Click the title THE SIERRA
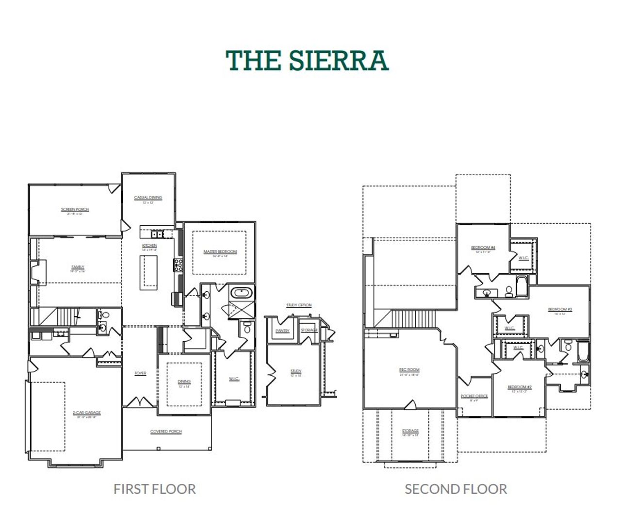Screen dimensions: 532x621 [x=307, y=60]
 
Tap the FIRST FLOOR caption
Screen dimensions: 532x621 [x=154, y=489]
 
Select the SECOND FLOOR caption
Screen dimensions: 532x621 [x=456, y=489]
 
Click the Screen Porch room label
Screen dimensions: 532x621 [x=75, y=209]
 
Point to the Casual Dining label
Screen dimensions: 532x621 [x=148, y=198]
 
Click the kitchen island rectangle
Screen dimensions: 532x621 [x=148, y=272]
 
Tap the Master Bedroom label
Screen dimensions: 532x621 [x=220, y=251]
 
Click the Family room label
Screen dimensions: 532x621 [x=78, y=267]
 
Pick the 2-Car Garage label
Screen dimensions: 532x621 [x=87, y=413]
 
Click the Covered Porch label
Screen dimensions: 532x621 [x=166, y=432]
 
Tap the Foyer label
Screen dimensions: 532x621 [x=140, y=373]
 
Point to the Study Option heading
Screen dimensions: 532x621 [x=299, y=305]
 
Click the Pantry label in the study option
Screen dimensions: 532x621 [x=282, y=331]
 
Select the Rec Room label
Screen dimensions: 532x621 [x=409, y=370]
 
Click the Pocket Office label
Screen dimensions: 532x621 [x=474, y=396]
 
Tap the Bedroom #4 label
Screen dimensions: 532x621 [x=483, y=248]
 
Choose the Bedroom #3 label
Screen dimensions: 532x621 [x=560, y=309]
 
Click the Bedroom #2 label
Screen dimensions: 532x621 [x=520, y=387]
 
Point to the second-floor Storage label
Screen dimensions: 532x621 [x=410, y=431]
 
